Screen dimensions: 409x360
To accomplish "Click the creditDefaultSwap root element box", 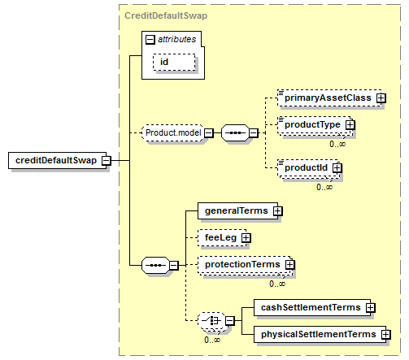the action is coord(58,160).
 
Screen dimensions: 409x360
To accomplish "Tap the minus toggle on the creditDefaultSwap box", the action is coord(107,161).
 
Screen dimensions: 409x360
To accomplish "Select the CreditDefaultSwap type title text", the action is coord(166,15).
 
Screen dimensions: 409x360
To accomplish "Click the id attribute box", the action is coord(174,62).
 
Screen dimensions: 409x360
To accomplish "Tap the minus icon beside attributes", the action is coord(150,40).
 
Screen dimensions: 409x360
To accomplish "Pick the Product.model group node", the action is coord(173,132).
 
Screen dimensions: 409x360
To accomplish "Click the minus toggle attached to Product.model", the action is coord(208,133).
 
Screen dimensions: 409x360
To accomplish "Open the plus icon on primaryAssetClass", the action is coord(381,98).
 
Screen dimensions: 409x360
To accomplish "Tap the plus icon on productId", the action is coord(337,168).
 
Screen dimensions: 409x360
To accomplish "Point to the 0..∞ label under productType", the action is coord(337,144).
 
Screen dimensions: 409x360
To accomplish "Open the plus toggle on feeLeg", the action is coord(246,238).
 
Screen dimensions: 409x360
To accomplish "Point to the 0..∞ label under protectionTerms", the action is coord(277,284).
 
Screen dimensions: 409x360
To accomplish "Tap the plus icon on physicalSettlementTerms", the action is coord(386,335).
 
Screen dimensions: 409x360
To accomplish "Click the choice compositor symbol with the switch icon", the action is coord(211,321).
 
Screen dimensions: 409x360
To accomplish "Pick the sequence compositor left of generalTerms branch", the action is coord(155,265).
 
